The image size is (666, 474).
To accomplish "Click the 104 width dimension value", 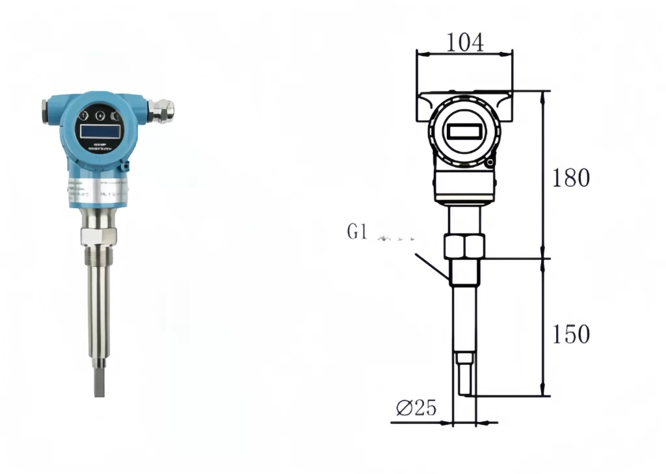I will click(x=464, y=43).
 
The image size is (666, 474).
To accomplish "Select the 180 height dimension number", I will click(x=570, y=178).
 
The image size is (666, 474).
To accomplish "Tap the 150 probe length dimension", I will click(x=570, y=334).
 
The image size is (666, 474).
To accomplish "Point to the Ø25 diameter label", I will click(x=416, y=408).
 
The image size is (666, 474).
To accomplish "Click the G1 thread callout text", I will click(x=358, y=232).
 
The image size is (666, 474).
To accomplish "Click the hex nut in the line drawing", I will click(x=464, y=246).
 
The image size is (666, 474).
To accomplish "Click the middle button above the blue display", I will click(x=100, y=116).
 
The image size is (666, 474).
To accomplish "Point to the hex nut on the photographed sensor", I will click(x=98, y=236).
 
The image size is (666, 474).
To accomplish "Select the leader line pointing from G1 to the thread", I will click(x=431, y=267).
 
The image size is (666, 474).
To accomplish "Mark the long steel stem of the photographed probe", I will click(x=99, y=306).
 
